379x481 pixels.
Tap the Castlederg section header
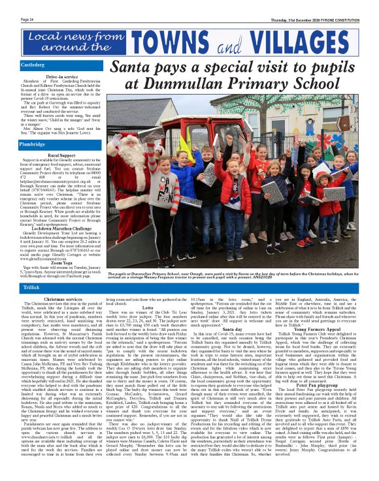point(33,65)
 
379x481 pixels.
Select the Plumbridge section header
point(33,143)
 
